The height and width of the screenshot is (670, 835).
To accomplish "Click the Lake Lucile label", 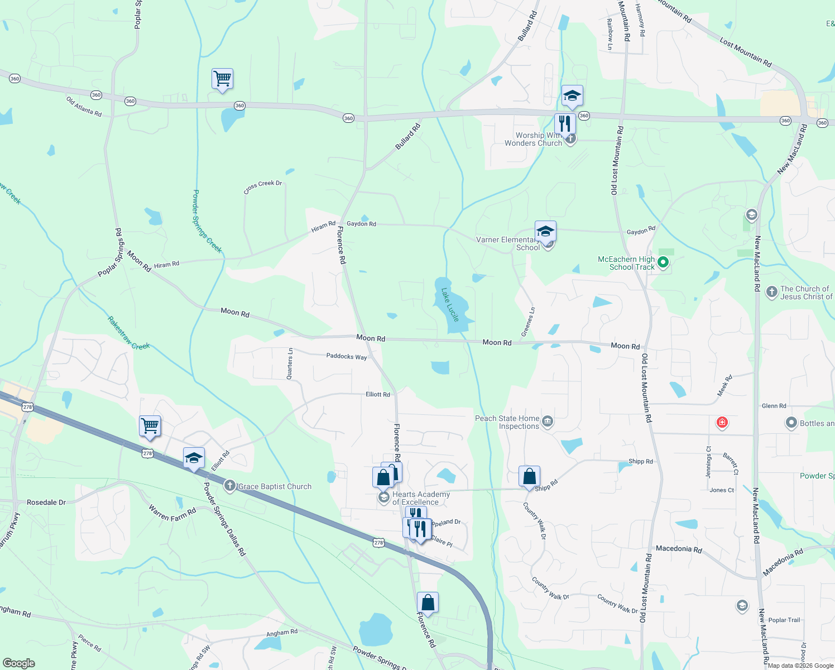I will click(450, 305).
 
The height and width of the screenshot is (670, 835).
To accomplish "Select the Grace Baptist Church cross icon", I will click(229, 486).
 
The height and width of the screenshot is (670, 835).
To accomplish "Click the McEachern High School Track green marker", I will click(663, 262).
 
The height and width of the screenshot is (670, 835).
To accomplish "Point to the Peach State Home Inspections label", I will click(507, 422).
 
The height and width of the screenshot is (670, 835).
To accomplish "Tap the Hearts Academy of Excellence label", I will click(421, 498).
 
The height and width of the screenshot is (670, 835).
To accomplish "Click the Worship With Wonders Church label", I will click(534, 139).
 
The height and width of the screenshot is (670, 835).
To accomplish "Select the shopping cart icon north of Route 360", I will click(222, 79).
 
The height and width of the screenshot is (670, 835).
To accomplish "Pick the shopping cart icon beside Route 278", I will click(150, 427).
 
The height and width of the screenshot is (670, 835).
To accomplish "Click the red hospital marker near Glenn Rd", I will click(722, 422).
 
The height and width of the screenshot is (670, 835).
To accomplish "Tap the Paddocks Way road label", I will click(347, 356).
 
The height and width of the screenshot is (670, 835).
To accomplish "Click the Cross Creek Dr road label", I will click(263, 186).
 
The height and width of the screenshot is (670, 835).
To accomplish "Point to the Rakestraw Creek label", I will click(128, 333).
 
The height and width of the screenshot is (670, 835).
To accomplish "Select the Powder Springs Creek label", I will click(207, 221).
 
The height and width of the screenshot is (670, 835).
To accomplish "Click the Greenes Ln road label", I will click(528, 322).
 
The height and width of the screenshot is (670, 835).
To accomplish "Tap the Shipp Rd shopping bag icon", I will click(529, 477).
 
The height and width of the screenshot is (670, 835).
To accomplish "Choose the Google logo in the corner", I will click(19, 663).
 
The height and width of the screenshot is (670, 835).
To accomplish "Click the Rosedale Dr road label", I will click(46, 502).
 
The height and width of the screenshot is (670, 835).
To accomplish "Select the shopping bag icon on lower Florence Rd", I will click(428, 603).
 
